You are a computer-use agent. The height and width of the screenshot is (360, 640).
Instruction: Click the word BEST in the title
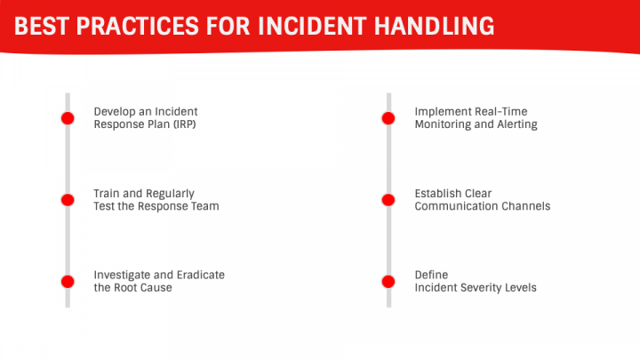tap(41, 26)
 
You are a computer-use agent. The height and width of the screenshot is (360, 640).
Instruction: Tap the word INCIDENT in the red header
tap(312, 26)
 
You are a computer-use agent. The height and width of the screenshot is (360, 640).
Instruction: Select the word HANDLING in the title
tap(435, 26)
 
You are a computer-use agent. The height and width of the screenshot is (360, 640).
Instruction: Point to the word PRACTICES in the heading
tap(137, 26)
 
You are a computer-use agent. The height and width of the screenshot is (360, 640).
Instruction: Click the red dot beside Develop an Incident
tap(68, 118)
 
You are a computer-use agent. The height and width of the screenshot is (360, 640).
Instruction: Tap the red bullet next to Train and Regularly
tap(68, 200)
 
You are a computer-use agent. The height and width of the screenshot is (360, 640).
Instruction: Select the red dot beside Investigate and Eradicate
tap(68, 282)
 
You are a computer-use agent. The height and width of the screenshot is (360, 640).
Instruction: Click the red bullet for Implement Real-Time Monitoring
tap(388, 118)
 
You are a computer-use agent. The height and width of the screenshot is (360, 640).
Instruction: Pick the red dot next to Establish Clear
tap(388, 200)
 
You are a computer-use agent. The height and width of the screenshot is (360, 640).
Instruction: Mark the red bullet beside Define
tap(388, 282)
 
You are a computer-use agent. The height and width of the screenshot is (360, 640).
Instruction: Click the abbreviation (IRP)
tap(185, 124)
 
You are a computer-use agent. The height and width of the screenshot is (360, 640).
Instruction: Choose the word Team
tap(205, 206)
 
